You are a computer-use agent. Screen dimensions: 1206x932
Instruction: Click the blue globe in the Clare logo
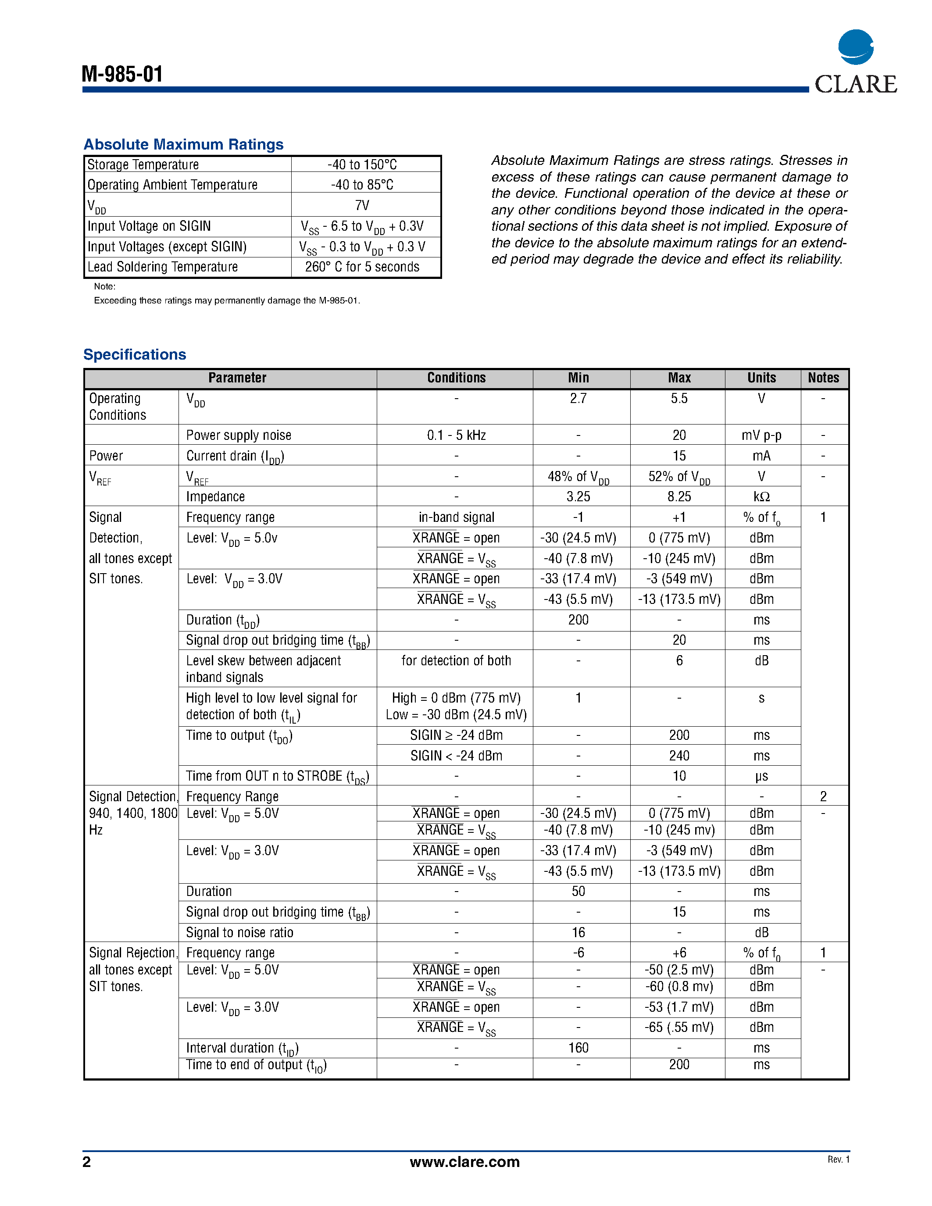click(x=855, y=47)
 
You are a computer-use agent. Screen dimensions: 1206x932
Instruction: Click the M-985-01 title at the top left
click(x=122, y=74)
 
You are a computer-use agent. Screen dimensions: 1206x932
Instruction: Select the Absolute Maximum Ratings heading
click(x=183, y=145)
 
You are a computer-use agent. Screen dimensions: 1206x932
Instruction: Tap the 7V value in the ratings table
click(x=362, y=205)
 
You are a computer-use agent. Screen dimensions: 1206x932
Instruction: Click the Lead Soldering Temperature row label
click(x=162, y=267)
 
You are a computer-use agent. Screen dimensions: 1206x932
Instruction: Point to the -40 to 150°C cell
click(x=362, y=164)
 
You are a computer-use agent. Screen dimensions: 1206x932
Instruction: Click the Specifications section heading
click(x=135, y=354)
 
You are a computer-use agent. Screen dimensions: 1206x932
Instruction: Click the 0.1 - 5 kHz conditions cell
click(x=456, y=435)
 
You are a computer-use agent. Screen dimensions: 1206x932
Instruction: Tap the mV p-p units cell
click(x=761, y=435)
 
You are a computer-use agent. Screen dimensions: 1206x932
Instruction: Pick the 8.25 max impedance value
click(x=679, y=496)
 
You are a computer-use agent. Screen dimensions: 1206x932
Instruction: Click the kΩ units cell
click(x=761, y=496)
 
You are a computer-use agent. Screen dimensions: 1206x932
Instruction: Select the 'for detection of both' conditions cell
click(x=456, y=660)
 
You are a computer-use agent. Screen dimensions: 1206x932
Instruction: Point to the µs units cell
click(x=761, y=776)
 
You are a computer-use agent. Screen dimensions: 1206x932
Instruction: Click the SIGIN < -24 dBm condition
click(x=456, y=756)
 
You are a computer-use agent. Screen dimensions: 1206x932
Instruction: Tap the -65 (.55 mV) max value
click(x=679, y=1027)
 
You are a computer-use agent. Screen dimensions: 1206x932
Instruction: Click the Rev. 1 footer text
click(x=838, y=1159)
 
